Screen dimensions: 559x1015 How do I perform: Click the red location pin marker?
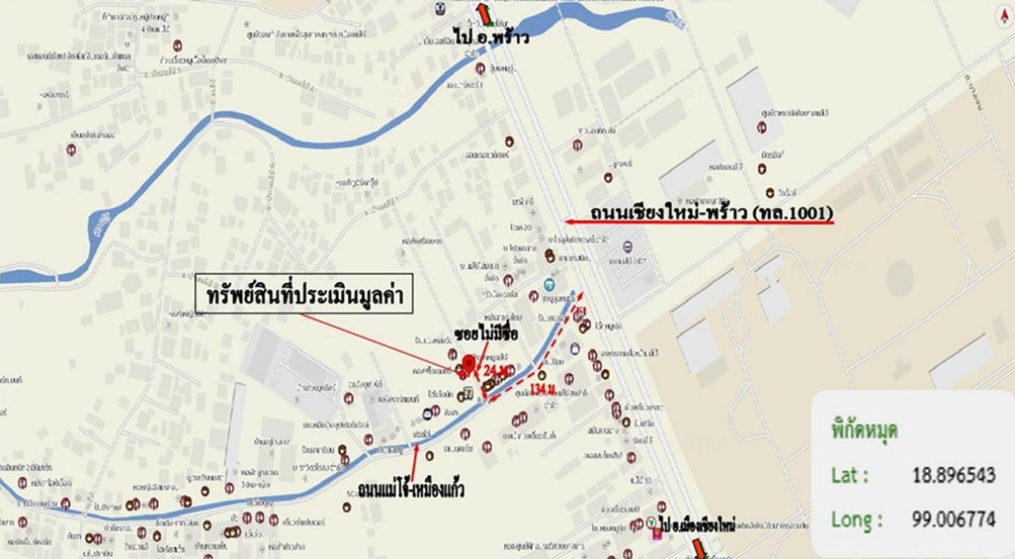coord(469,366)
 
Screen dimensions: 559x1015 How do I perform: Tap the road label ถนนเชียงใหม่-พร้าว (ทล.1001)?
coord(711,212)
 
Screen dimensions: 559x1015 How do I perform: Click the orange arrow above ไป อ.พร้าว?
coord(483,13)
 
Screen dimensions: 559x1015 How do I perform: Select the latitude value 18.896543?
coord(953,476)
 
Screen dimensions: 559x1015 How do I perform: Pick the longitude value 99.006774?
coord(953,520)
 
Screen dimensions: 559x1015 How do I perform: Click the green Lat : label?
coord(850,476)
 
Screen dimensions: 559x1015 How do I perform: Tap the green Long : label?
coord(856,520)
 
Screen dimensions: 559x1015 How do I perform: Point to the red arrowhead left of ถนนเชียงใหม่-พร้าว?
coord(570,221)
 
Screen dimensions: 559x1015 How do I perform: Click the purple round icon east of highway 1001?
coord(626,247)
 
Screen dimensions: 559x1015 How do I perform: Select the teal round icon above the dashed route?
coord(549,284)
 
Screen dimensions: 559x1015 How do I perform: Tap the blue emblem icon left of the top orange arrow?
coord(440,10)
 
